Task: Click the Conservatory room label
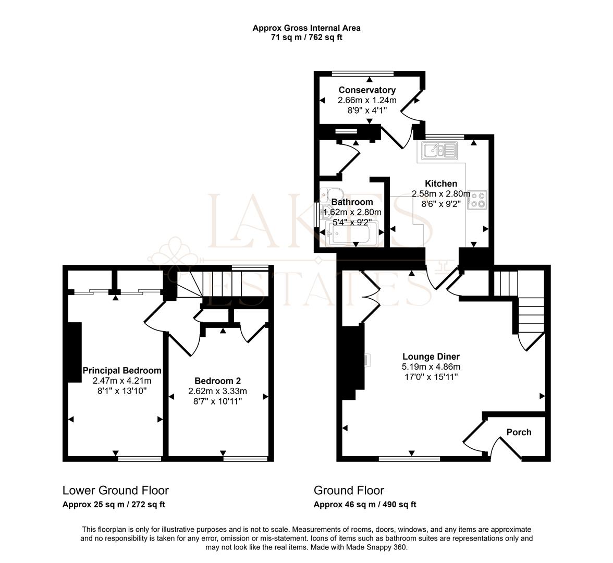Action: (x=367, y=90)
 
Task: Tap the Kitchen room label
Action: (x=441, y=183)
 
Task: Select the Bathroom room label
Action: (x=352, y=202)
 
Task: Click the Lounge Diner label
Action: (x=431, y=357)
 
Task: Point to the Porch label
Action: (x=519, y=432)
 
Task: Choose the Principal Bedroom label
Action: (x=122, y=371)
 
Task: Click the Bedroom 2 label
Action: (x=217, y=381)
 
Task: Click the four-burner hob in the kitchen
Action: (x=477, y=200)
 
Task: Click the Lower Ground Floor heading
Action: (x=116, y=491)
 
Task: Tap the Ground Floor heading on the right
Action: (x=349, y=491)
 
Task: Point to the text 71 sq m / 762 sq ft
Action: (x=307, y=38)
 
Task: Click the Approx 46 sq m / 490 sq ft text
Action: (x=365, y=505)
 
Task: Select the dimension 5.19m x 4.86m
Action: (x=431, y=367)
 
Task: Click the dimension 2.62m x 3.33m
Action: (x=217, y=391)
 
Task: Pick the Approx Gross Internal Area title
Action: (x=307, y=28)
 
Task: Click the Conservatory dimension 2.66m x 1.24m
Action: (x=367, y=100)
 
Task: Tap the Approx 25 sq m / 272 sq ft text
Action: (x=114, y=505)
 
